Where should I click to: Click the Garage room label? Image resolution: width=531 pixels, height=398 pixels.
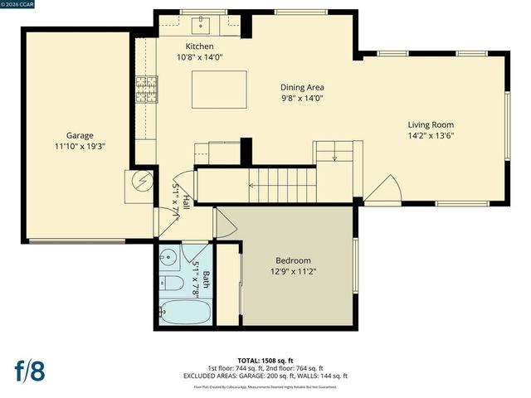(80, 135)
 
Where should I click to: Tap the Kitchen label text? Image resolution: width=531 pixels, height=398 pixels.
(199, 46)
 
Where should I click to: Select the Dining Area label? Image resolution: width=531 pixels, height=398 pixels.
(301, 87)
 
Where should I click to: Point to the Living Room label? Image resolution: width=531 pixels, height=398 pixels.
(430, 125)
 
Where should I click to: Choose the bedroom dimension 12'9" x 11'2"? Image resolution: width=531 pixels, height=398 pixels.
(293, 271)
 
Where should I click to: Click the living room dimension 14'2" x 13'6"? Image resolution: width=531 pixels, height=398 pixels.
(430, 136)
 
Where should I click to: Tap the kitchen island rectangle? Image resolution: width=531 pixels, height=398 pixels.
(219, 90)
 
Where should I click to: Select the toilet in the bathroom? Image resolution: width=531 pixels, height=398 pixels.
(173, 283)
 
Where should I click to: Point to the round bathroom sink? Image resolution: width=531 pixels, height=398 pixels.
(167, 256)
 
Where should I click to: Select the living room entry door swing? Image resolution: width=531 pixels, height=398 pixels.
(386, 191)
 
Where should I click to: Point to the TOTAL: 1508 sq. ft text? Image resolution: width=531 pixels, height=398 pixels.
(265, 361)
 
